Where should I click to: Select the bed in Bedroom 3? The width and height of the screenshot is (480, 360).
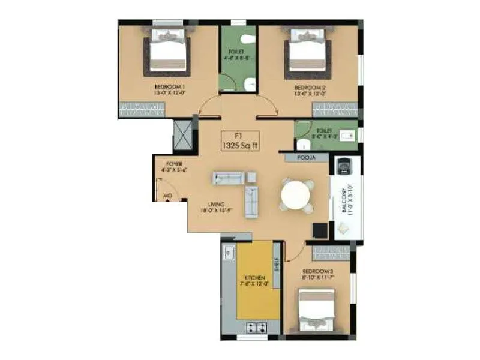point(317,311)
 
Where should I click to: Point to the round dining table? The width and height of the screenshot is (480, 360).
point(296,195)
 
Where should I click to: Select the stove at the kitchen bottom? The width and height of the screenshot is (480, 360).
point(259,327)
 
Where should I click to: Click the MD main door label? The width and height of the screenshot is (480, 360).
point(167,196)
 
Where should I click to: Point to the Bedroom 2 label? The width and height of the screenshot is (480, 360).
point(310,90)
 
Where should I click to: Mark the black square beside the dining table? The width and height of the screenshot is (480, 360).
point(320,230)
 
